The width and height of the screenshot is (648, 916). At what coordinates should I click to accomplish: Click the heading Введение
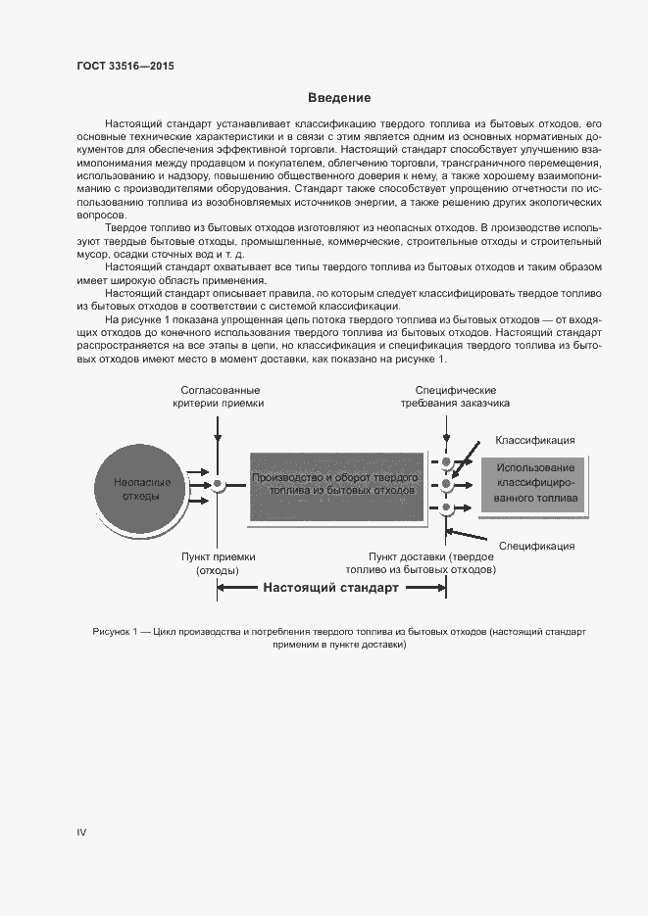[x=339, y=98]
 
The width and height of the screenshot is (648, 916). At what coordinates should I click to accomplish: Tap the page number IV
[x=81, y=832]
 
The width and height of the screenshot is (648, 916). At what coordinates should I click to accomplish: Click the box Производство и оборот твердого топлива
[x=336, y=484]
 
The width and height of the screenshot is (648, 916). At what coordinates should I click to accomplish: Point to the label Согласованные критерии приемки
[x=218, y=397]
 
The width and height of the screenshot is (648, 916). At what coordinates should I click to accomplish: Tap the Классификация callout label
[x=535, y=441]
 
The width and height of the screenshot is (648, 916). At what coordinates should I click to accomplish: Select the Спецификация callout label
[x=536, y=546]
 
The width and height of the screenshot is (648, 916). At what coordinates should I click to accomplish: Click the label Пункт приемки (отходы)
[x=218, y=563]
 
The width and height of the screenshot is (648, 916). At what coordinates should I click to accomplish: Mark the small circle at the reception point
[x=219, y=485]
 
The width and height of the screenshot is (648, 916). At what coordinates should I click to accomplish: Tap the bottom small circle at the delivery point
[x=447, y=507]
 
